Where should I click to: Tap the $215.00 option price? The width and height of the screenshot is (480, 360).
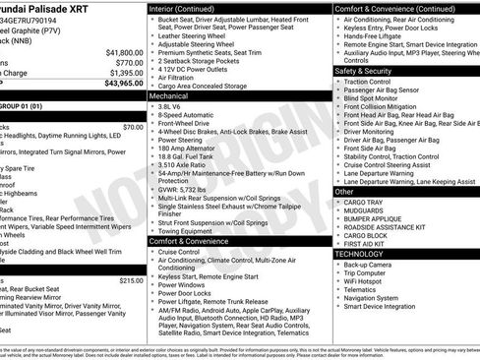[131, 280]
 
